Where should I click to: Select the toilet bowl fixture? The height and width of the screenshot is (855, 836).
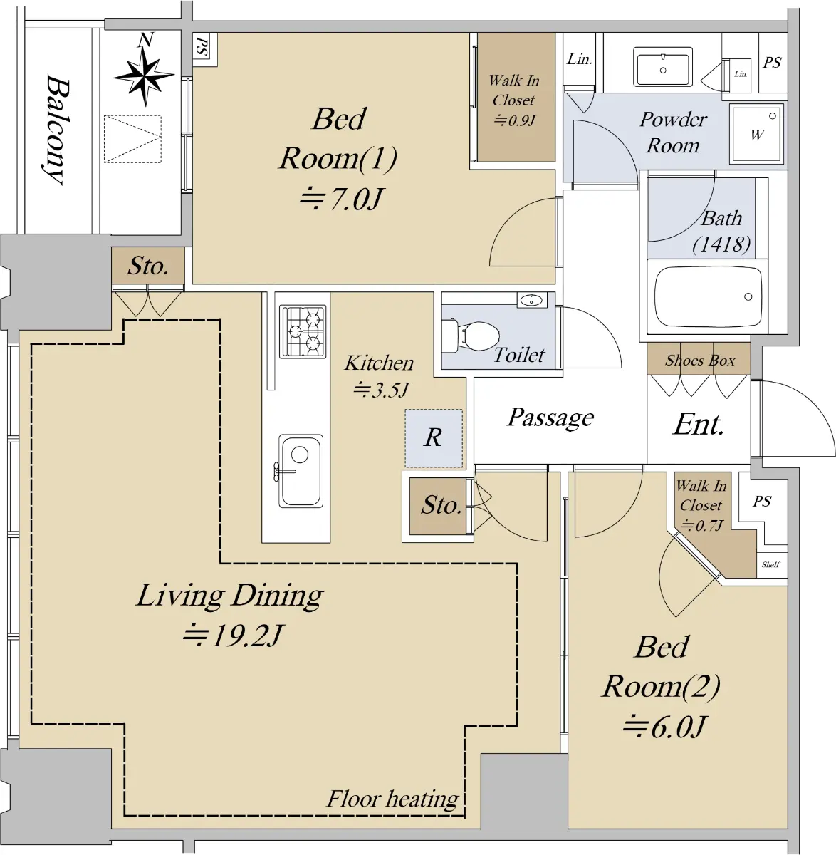[471, 336]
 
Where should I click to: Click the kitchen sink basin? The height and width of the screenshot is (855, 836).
[301, 470]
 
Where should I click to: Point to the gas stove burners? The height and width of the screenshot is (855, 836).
[303, 332]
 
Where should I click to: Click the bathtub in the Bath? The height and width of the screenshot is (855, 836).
[708, 296]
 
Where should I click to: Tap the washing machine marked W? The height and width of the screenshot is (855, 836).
[757, 133]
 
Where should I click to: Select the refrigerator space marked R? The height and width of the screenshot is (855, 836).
[434, 438]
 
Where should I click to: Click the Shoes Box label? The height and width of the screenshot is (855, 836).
[700, 361]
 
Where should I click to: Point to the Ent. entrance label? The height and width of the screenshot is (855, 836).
[698, 425]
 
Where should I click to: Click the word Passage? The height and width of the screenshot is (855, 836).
[550, 418]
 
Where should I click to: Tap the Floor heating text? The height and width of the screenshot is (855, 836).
[393, 798]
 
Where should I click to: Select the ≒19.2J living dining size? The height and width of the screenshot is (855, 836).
[233, 636]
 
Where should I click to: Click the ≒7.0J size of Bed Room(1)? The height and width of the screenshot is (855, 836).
[340, 199]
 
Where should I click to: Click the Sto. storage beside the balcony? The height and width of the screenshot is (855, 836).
[148, 266]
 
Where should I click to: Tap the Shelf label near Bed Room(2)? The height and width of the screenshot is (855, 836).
[771, 564]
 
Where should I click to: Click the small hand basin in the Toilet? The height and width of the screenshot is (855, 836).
[532, 301]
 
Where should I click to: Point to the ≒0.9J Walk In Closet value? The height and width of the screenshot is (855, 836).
[514, 120]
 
